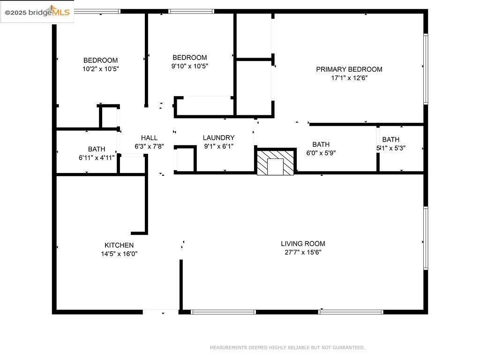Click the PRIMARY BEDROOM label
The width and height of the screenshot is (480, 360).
point(349,69)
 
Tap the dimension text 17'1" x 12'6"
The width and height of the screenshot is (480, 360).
point(349,78)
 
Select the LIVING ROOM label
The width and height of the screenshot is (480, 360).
point(303,244)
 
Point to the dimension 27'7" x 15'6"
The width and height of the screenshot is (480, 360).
point(303,252)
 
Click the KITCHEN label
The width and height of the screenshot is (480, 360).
point(119,245)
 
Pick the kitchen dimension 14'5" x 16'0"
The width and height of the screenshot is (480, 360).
point(119,254)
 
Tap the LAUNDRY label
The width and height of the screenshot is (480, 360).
point(218,138)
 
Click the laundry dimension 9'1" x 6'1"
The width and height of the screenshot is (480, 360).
point(218,146)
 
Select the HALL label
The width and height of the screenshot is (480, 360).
point(149,138)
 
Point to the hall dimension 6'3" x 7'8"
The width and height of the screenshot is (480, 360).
point(149,146)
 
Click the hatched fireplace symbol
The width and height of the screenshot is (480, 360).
point(276,162)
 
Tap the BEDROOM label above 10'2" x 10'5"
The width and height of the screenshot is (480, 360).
point(100,60)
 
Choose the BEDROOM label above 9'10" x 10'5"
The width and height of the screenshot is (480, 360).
point(189,58)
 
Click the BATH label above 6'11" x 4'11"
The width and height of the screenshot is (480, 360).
point(97,150)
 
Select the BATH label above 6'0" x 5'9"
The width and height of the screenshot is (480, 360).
point(321,144)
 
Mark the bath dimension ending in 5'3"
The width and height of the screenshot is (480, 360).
point(391,148)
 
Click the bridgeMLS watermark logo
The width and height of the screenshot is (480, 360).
point(37,12)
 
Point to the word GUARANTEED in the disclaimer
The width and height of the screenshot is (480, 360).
point(348,348)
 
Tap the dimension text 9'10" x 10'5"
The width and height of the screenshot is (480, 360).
point(189,66)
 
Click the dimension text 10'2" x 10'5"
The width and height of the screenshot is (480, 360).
point(100,69)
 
